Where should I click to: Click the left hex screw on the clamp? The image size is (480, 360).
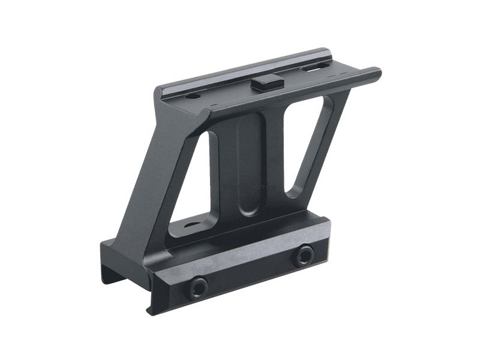pos(199,287)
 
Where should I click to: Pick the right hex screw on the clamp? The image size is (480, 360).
pos(303,256)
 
